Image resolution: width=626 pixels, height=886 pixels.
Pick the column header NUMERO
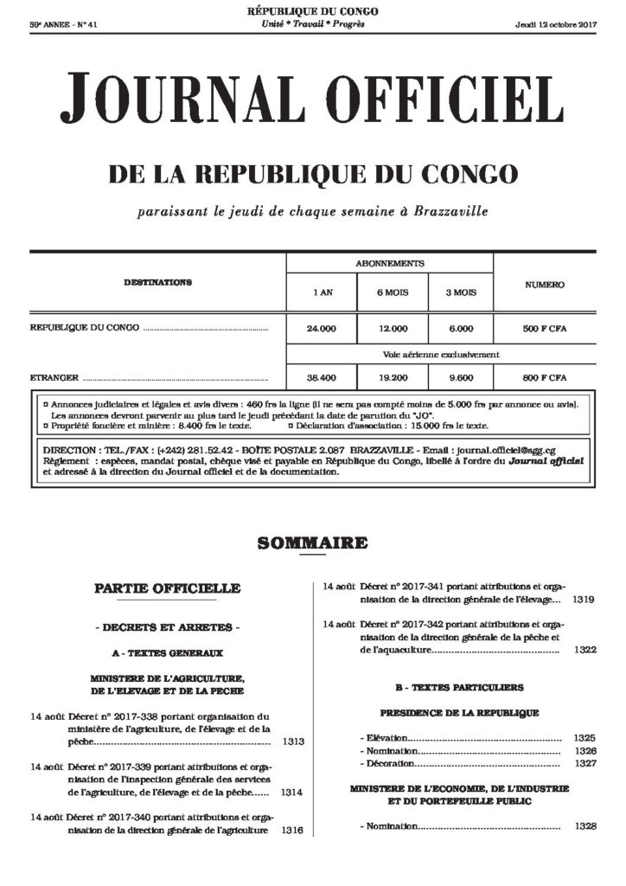pos(545,285)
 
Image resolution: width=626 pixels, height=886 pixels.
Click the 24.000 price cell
pos(321,329)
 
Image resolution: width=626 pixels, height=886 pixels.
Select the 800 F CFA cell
pos(545,378)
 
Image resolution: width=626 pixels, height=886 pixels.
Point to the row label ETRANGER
pos(54,378)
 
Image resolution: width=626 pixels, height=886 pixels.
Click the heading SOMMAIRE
pos(312,544)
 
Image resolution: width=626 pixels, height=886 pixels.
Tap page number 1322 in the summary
pos(584,649)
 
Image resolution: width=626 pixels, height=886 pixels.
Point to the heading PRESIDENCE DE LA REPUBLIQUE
pos(459,713)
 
